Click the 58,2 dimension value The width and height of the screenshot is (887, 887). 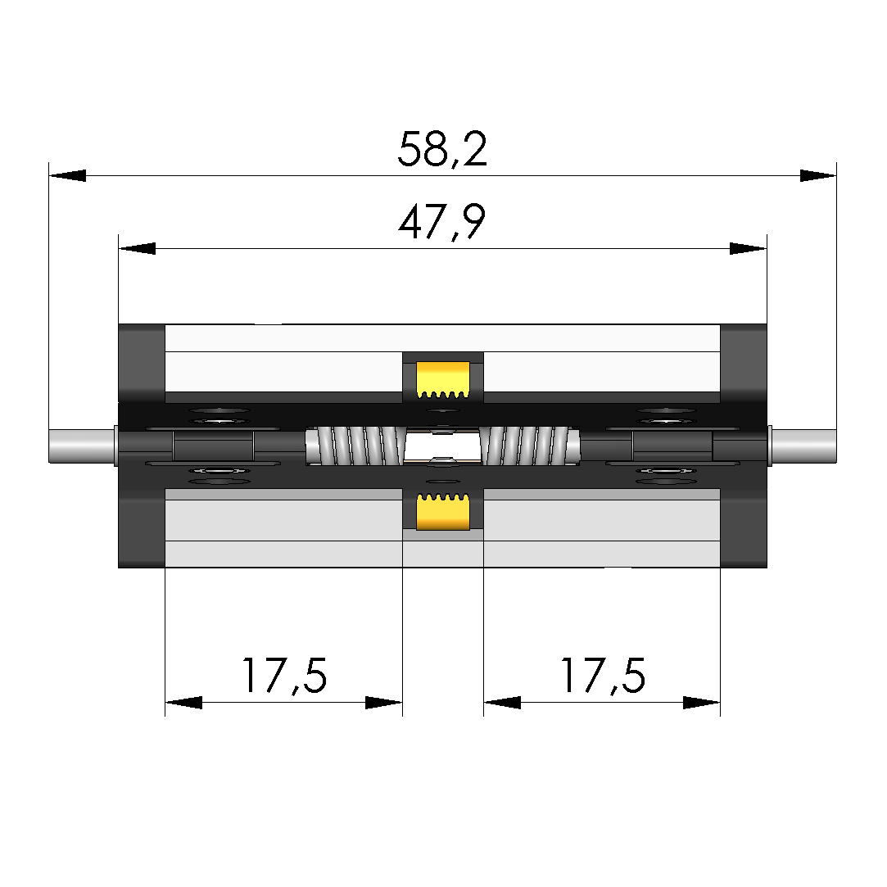pyautogui.click(x=442, y=149)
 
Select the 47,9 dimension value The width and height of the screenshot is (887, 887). pyautogui.click(x=441, y=222)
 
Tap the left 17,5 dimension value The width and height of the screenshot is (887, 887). pyautogui.click(x=284, y=676)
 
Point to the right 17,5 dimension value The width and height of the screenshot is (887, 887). pyautogui.click(x=603, y=676)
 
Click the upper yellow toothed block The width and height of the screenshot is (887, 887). pyautogui.click(x=443, y=379)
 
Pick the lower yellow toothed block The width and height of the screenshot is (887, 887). pyautogui.click(x=443, y=511)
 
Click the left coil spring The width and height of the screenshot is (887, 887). pyautogui.click(x=356, y=446)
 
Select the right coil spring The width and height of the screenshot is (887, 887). pyautogui.click(x=529, y=446)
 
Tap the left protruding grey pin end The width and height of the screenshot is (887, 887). pyautogui.click(x=83, y=446)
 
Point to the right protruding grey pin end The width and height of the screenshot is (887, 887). pyautogui.click(x=803, y=446)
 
